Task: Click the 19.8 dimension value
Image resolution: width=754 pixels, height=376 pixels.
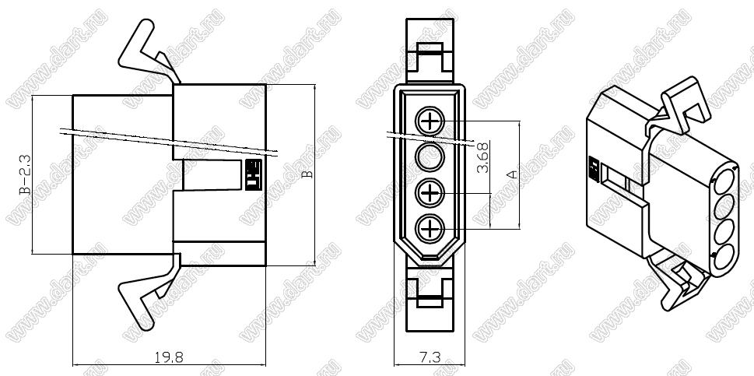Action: point(169,357)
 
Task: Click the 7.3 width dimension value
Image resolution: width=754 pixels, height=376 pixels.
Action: point(430,357)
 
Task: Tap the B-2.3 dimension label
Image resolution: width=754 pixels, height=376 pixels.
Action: point(25,174)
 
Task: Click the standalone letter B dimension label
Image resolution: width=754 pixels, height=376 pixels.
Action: point(308,174)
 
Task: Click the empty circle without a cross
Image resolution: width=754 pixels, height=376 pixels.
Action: point(430,156)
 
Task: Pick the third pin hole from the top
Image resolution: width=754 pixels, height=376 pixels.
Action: point(430,193)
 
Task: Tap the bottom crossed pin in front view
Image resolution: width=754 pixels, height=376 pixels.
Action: point(430,228)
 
